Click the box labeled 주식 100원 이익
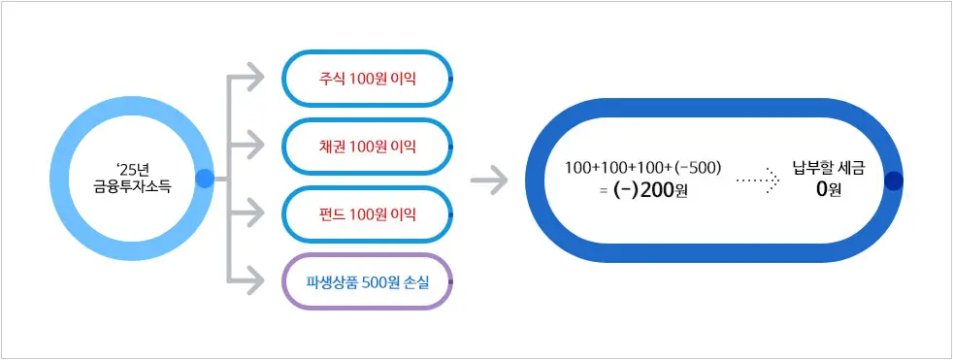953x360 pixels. tap(367, 77)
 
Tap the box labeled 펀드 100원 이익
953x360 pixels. tap(367, 213)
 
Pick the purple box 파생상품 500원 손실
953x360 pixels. tap(367, 280)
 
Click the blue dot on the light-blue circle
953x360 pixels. tap(205, 179)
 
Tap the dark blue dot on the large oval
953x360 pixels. tap(894, 181)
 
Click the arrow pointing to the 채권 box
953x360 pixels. tap(251, 146)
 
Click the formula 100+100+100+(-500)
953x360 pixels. tap(642, 167)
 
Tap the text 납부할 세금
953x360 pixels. tap(828, 167)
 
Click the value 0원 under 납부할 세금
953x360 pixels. tap(828, 190)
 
